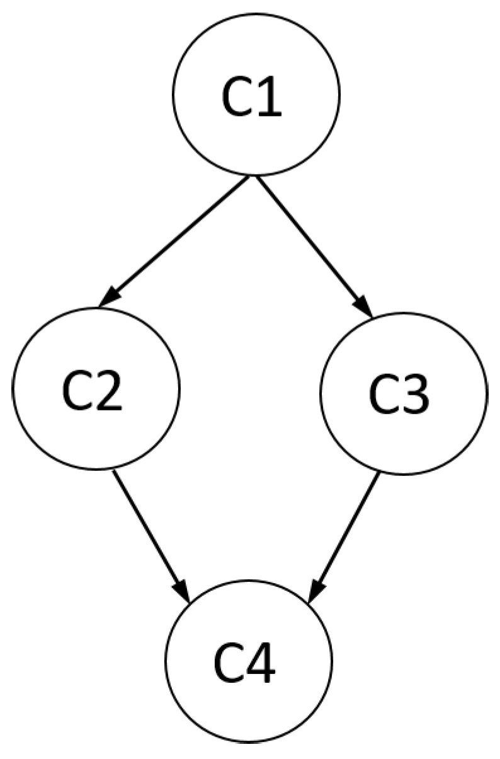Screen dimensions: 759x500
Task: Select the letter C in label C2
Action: pyautogui.click(x=77, y=391)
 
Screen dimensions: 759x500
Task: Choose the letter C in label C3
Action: pyautogui.click(x=384, y=396)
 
